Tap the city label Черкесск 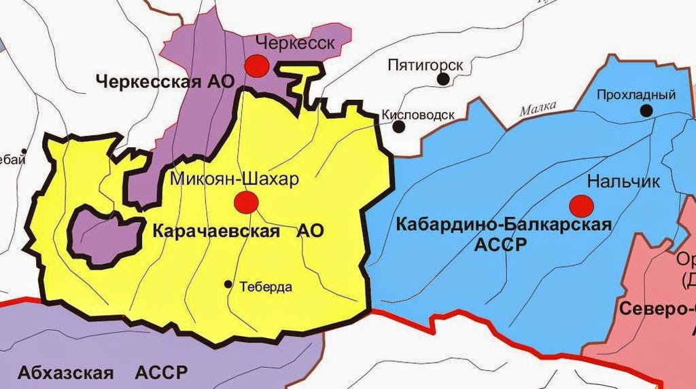[294, 44]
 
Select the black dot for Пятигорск [444, 79]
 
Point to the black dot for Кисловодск [399, 126]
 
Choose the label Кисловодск [417, 115]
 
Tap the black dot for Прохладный [646, 110]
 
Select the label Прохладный [636, 95]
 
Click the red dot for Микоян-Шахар [245, 202]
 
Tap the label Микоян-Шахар [234, 179]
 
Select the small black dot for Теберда [228, 284]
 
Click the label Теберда [266, 287]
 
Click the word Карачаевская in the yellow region [217, 231]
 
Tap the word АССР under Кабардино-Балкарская [502, 244]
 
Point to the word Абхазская [64, 373]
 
